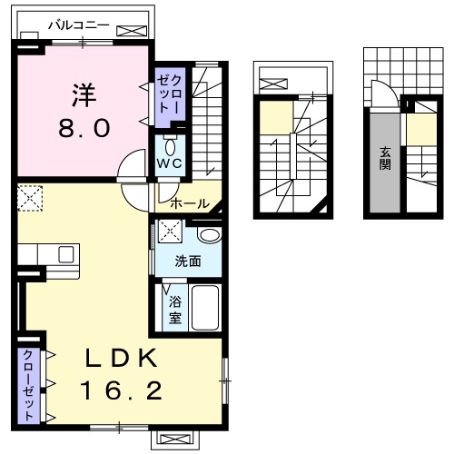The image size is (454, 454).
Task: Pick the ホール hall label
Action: (x=189, y=203)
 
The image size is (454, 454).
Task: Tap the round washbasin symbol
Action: (x=208, y=236)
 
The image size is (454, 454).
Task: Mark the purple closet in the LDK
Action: (x=27, y=385)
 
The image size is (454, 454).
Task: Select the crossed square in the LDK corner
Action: (x=29, y=198)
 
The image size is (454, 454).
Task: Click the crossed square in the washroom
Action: (x=169, y=231)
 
